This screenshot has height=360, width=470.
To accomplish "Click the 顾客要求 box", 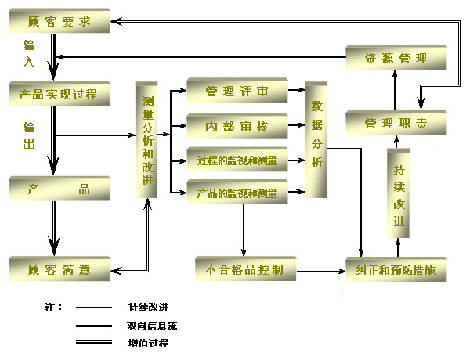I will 59,22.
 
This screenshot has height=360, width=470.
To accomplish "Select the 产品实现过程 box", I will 59,95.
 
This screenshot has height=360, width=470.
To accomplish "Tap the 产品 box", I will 59,190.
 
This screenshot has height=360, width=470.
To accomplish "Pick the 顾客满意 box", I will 59,270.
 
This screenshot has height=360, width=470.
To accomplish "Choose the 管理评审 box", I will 237,92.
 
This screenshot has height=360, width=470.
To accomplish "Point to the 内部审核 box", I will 237,125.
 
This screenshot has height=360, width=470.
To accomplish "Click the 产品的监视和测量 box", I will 237,193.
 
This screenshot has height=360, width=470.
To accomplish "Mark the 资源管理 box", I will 396,58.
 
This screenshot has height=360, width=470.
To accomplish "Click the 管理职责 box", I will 396,124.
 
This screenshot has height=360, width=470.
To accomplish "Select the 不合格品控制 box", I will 244,270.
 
